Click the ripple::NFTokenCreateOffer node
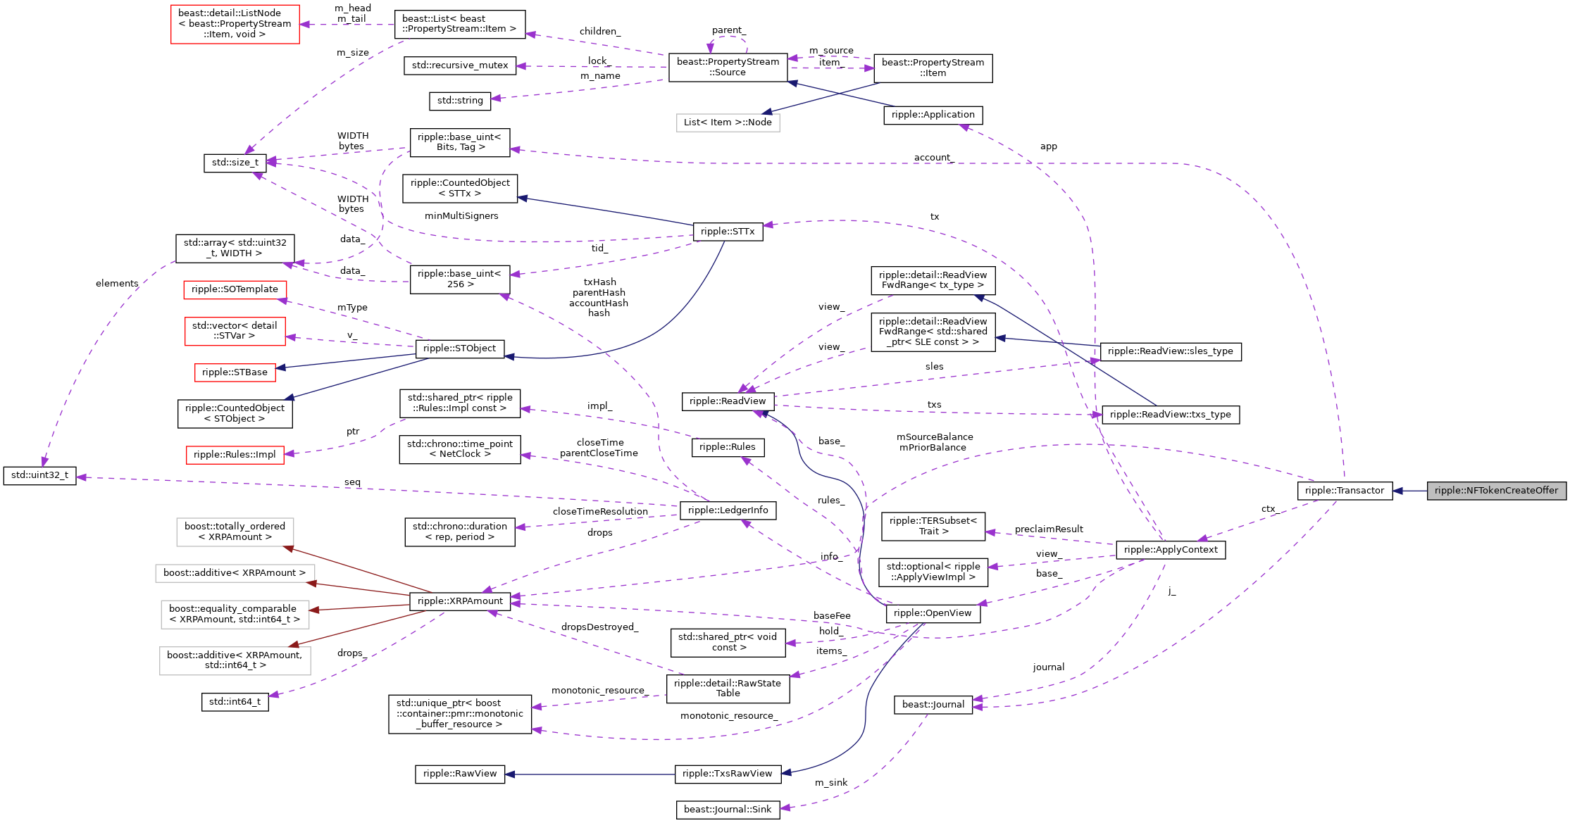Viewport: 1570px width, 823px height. tap(1496, 491)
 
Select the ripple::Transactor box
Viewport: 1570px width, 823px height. tap(1344, 491)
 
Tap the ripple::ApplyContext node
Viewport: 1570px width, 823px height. tap(1170, 550)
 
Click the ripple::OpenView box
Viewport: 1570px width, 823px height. tap(932, 613)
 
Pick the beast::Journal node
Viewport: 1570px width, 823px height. tap(933, 705)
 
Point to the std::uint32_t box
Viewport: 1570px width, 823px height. tap(39, 475)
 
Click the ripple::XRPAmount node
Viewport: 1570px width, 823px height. tap(460, 601)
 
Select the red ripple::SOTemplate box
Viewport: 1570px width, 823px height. tap(235, 289)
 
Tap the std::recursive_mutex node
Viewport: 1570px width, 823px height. tap(459, 65)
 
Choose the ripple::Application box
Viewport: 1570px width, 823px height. tap(933, 115)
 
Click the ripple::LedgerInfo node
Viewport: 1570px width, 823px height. tap(728, 510)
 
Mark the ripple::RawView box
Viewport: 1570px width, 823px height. tap(459, 774)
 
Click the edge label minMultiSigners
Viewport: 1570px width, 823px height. tap(461, 216)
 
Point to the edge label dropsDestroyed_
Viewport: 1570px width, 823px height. tap(599, 627)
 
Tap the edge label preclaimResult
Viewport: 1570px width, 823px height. tap(1048, 529)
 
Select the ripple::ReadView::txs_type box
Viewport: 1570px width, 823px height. tap(1170, 415)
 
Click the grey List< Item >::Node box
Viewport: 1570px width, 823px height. tap(728, 122)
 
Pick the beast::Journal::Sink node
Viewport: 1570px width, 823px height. tap(727, 810)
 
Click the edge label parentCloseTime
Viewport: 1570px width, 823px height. tap(599, 453)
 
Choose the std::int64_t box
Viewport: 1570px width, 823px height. tap(235, 702)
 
